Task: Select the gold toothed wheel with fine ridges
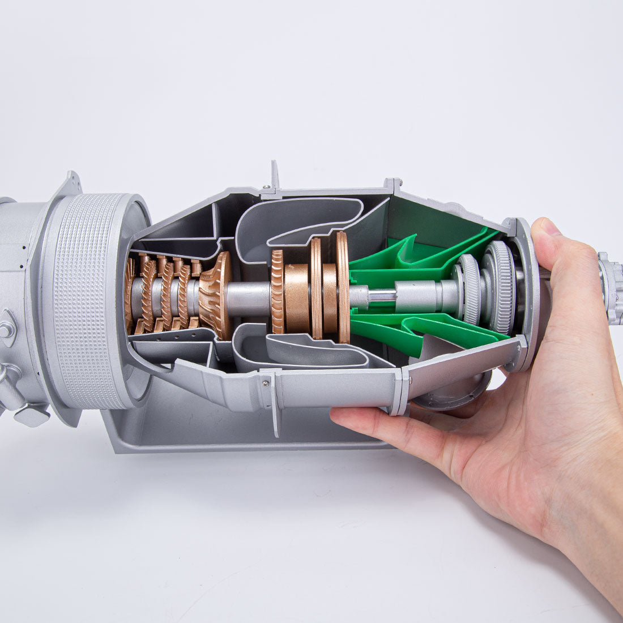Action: (x=277, y=292)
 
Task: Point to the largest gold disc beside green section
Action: (x=343, y=287)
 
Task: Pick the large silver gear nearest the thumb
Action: (x=500, y=287)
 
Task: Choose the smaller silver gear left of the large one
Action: (x=470, y=289)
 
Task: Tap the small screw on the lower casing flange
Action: (x=266, y=385)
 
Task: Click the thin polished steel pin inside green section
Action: (x=382, y=295)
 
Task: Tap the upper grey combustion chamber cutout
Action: (x=300, y=218)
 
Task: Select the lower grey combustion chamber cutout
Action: (x=306, y=354)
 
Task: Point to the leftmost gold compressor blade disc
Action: (x=130, y=295)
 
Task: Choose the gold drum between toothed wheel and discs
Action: (x=297, y=297)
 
